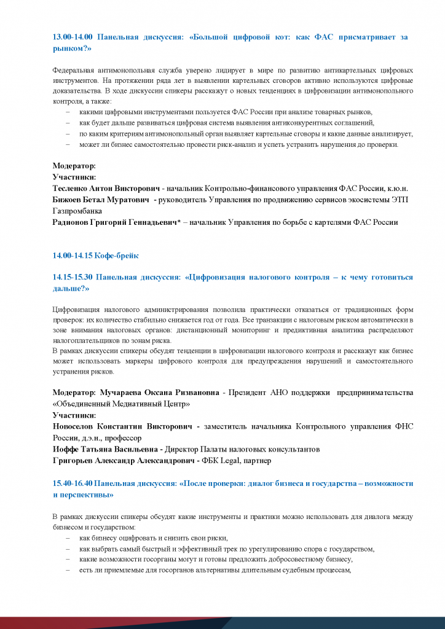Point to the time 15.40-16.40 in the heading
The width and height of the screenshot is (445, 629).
[73, 483]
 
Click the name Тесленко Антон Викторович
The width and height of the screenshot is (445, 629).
[106, 188]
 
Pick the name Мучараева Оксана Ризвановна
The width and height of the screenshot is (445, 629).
[159, 392]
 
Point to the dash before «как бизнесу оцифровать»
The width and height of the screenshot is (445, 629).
[68, 537]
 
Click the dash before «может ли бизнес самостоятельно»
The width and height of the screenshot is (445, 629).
[68, 144]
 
